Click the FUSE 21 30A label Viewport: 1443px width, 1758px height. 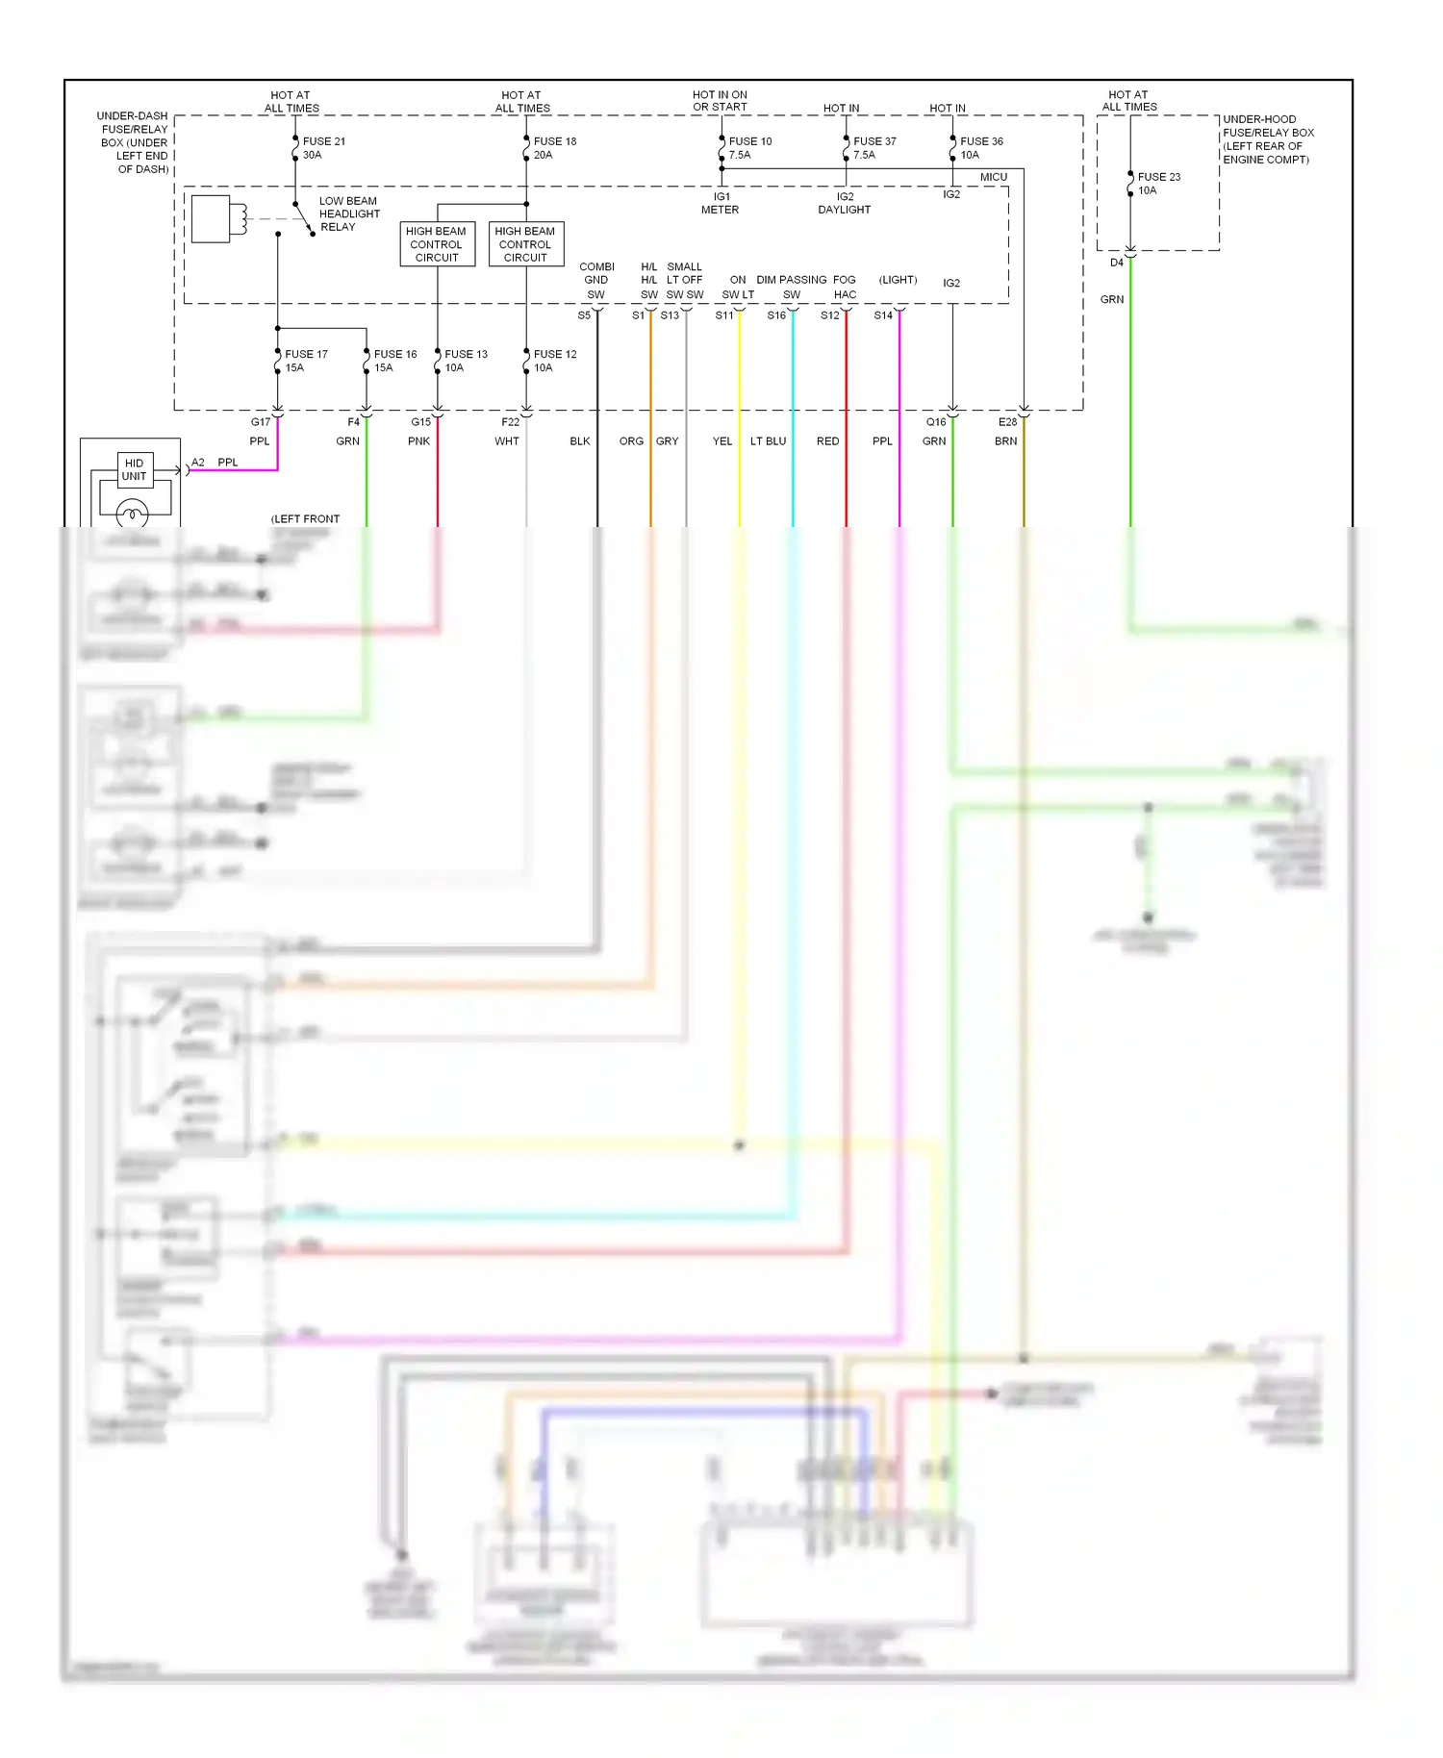pyautogui.click(x=323, y=148)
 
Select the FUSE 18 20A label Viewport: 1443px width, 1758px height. pyautogui.click(x=554, y=148)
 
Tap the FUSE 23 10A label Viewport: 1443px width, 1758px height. pyautogui.click(x=1158, y=184)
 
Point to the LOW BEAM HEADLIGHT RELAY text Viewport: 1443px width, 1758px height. pyautogui.click(x=348, y=214)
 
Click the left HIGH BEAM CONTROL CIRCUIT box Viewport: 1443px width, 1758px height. pyautogui.click(x=437, y=244)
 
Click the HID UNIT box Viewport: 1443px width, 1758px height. pyautogui.click(x=134, y=469)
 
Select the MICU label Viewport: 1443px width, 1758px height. pyautogui.click(x=993, y=177)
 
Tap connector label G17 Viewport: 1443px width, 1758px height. pyautogui.click(x=261, y=422)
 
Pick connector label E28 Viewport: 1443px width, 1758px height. pyautogui.click(x=1007, y=422)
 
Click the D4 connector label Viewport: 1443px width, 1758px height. pyautogui.click(x=1116, y=263)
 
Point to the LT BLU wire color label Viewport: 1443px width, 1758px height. pyautogui.click(x=768, y=441)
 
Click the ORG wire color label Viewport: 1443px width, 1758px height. pyautogui.click(x=631, y=441)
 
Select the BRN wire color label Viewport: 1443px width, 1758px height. pyautogui.click(x=1005, y=441)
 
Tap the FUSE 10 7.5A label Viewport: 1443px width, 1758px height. pyautogui.click(x=749, y=148)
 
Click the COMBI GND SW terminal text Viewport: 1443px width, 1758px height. pyautogui.click(x=596, y=281)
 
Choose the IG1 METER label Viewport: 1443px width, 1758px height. pyautogui.click(x=720, y=203)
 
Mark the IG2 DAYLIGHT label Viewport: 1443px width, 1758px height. pyautogui.click(x=844, y=203)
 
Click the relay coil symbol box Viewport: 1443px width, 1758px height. pyautogui.click(x=212, y=219)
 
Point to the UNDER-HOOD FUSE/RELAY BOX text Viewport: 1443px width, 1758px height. pyautogui.click(x=1266, y=139)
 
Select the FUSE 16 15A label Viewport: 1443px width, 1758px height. pyautogui.click(x=394, y=362)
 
